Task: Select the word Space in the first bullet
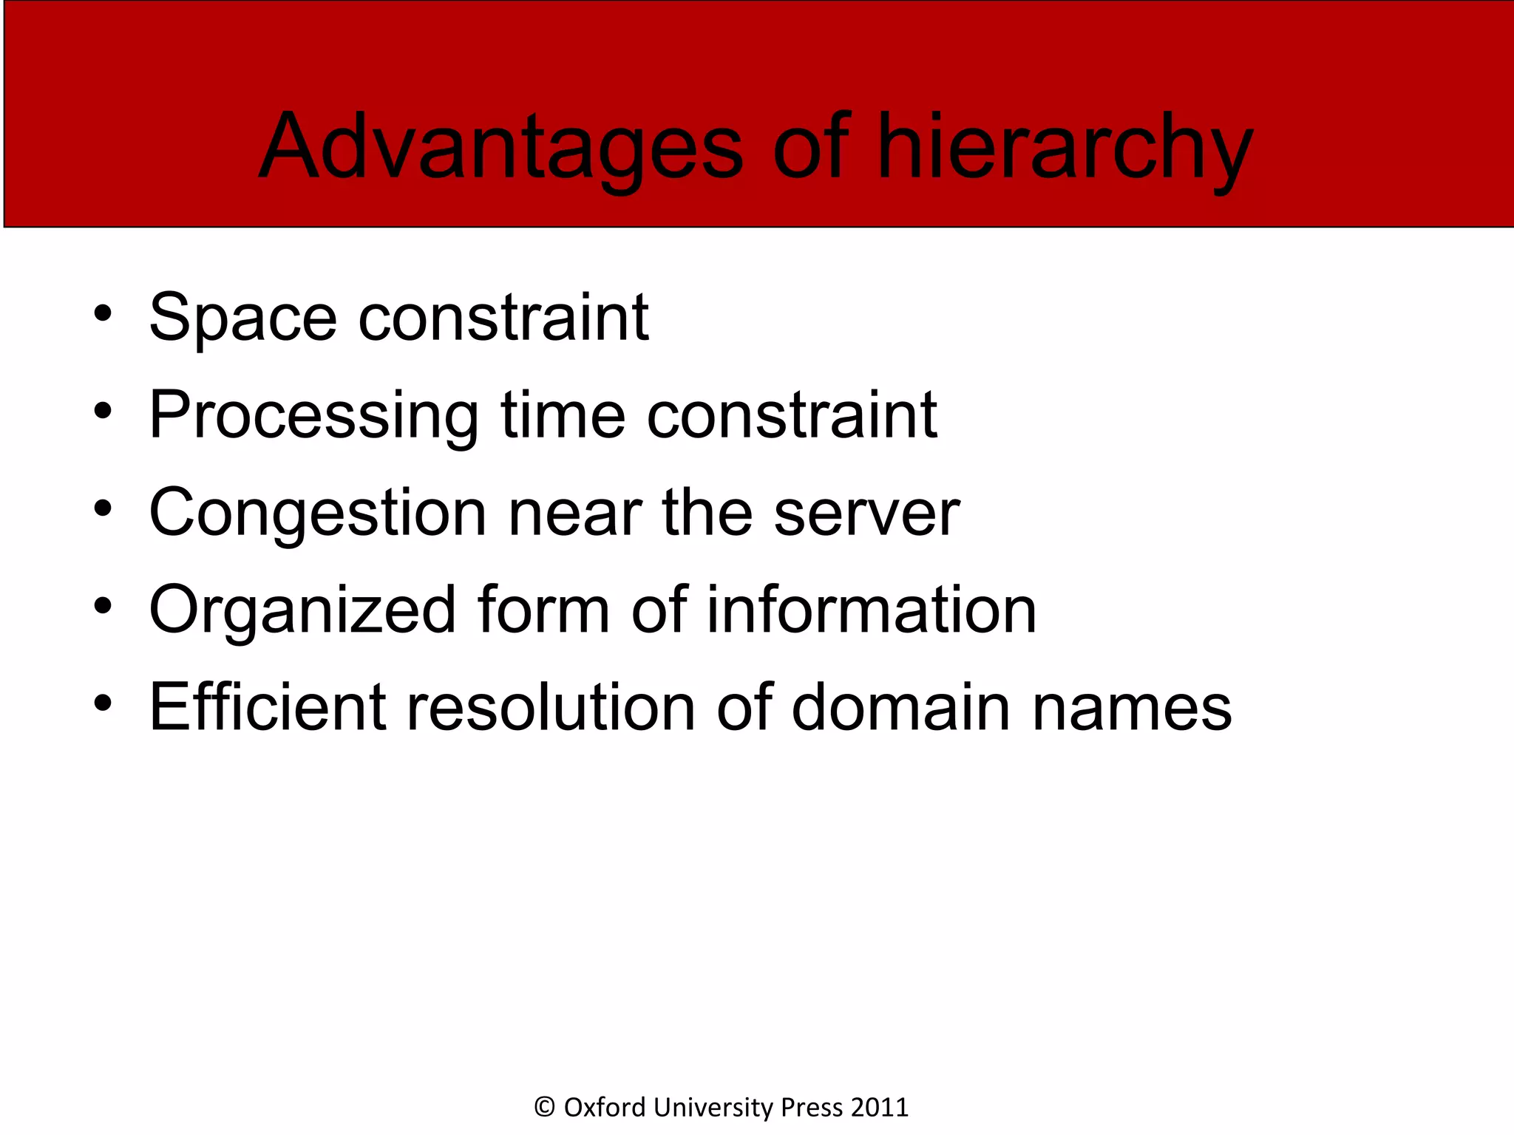243,318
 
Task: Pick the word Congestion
318,513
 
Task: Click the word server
866,513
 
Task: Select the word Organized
302,610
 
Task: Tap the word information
872,610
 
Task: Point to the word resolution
551,708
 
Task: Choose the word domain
900,708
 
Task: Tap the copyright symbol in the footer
545,1107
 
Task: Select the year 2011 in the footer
880,1107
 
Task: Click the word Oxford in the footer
605,1107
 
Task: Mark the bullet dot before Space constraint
103,313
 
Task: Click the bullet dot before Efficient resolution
103,703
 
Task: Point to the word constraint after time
792,415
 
